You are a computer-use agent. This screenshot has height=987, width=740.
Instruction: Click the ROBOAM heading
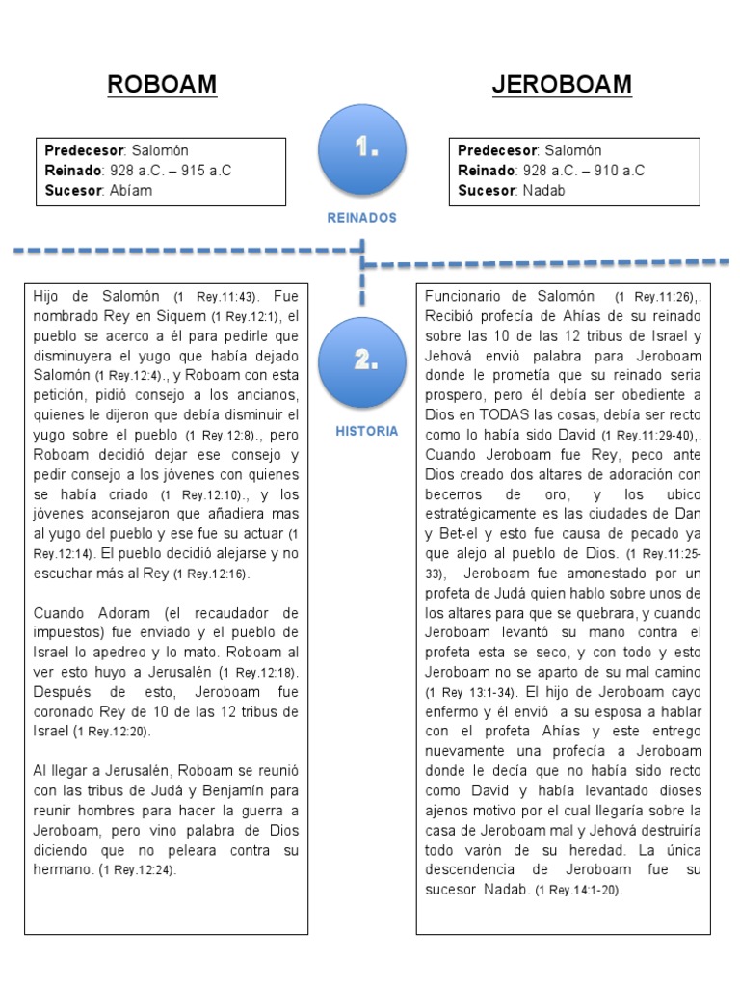point(162,85)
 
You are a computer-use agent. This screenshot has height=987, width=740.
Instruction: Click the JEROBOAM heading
point(562,85)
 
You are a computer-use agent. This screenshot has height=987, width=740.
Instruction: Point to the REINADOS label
point(361,219)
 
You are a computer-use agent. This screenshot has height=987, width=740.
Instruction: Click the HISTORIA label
point(366,431)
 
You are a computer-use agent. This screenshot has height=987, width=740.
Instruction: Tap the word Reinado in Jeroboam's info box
point(486,171)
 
